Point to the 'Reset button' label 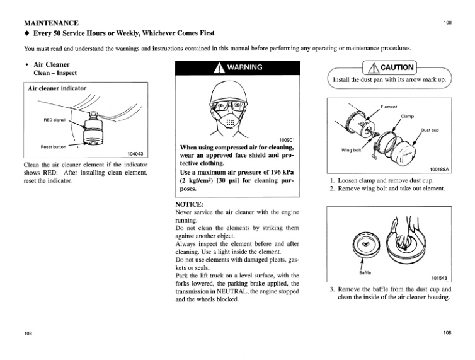[54, 146]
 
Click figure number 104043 [135, 153]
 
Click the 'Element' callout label [389, 107]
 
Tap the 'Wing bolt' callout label [350, 151]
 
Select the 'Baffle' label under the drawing [365, 273]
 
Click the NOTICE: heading [193, 204]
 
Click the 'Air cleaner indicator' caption [57, 88]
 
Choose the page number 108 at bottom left [28, 333]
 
